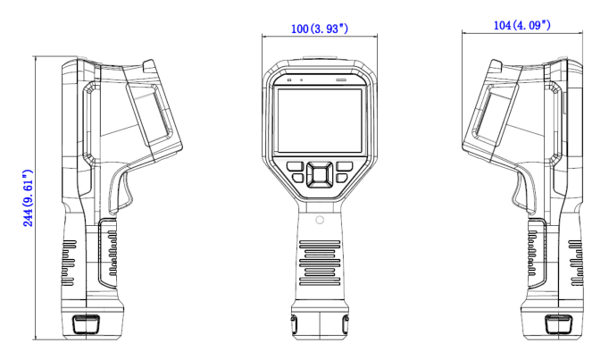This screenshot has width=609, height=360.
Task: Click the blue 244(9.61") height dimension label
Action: click(28, 197)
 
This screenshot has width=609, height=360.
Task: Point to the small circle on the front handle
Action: click(319, 219)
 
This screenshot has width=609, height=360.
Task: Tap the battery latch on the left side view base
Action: click(86, 322)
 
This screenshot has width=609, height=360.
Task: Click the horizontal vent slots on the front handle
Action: click(319, 259)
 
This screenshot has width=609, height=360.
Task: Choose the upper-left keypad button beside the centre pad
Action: click(294, 165)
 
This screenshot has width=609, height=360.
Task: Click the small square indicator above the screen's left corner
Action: click(288, 80)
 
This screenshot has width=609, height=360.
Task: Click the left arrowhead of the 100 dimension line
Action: click(265, 37)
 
